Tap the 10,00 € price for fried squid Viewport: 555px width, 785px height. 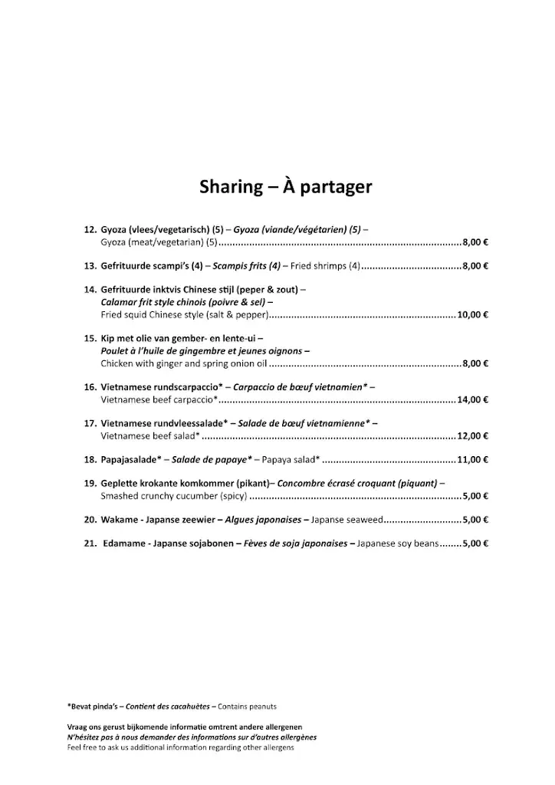(x=473, y=315)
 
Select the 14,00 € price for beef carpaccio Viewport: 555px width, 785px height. (x=473, y=399)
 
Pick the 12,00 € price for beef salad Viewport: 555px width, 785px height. (x=473, y=435)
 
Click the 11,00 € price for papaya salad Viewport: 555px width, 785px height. (x=473, y=460)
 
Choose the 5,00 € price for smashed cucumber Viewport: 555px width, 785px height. (x=476, y=496)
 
